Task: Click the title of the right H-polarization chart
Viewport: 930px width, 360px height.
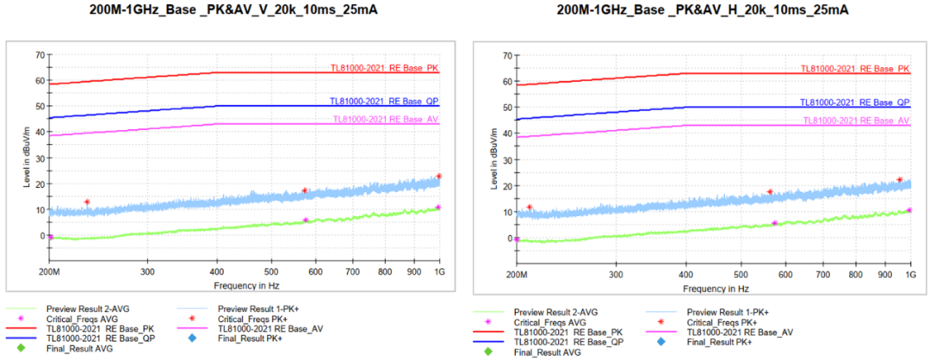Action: tap(703, 10)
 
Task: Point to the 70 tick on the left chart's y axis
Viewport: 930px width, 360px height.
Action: tap(40, 54)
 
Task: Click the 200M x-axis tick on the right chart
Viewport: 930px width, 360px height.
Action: tap(517, 275)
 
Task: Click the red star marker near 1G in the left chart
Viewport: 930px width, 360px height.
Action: tap(438, 177)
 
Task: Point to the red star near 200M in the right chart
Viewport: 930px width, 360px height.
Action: tap(530, 208)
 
